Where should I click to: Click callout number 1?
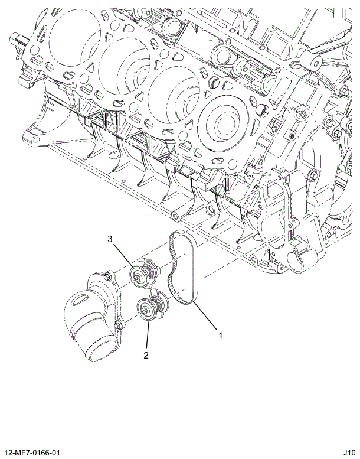tap(221, 336)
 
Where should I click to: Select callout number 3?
tap(110, 239)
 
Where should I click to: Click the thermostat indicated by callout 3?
tap(145, 275)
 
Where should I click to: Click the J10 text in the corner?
tap(348, 452)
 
